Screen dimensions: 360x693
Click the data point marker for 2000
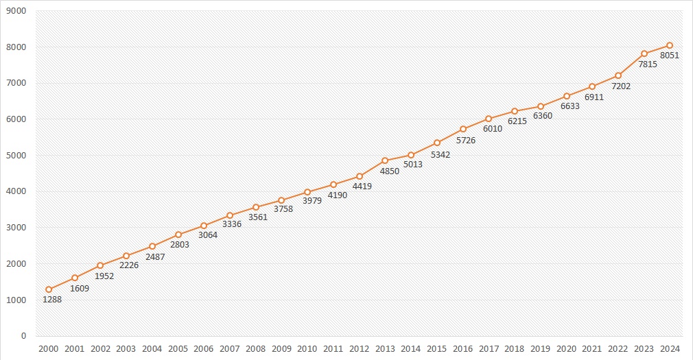coord(49,289)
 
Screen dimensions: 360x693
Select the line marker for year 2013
coord(385,160)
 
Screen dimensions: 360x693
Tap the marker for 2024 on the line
coord(670,45)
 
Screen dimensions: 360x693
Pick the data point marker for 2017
coord(489,119)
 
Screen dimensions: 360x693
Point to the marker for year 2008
coord(256,207)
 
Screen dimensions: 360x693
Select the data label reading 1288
coord(52,300)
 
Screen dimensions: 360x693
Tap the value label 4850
coord(388,171)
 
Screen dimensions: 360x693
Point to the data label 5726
coord(466,140)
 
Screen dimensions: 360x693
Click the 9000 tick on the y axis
coord(14,11)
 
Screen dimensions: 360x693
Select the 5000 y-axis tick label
coord(14,156)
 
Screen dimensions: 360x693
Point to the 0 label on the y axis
coord(23,336)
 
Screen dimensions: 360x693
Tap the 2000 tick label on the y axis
coord(14,264)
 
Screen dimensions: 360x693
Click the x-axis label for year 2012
coord(359,349)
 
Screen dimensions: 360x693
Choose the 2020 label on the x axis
coord(566,349)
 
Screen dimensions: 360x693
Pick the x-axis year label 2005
coord(178,349)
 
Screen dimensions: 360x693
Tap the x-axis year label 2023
coord(644,349)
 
